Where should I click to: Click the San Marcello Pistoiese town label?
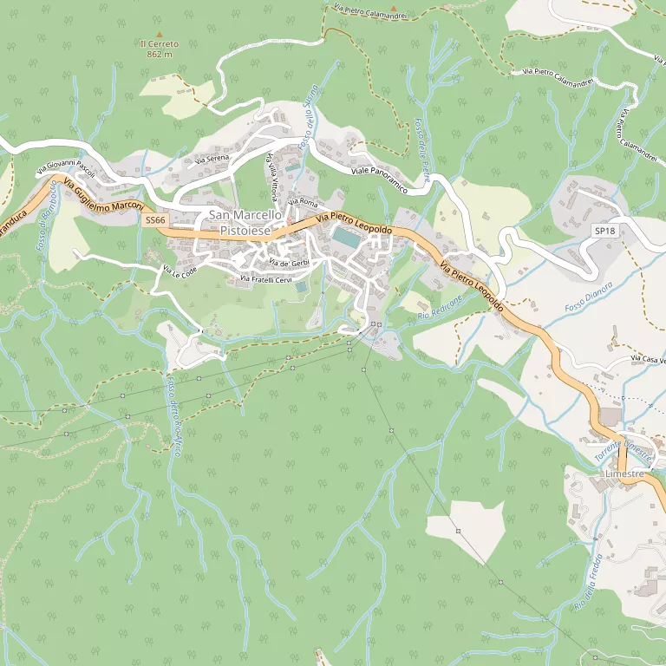[245, 222]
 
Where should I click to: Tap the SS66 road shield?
[155, 221]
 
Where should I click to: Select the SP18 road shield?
[604, 231]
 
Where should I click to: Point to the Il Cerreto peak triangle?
[159, 33]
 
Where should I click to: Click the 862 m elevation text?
[160, 54]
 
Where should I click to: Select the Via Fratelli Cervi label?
[266, 279]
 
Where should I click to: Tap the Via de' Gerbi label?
[289, 262]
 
